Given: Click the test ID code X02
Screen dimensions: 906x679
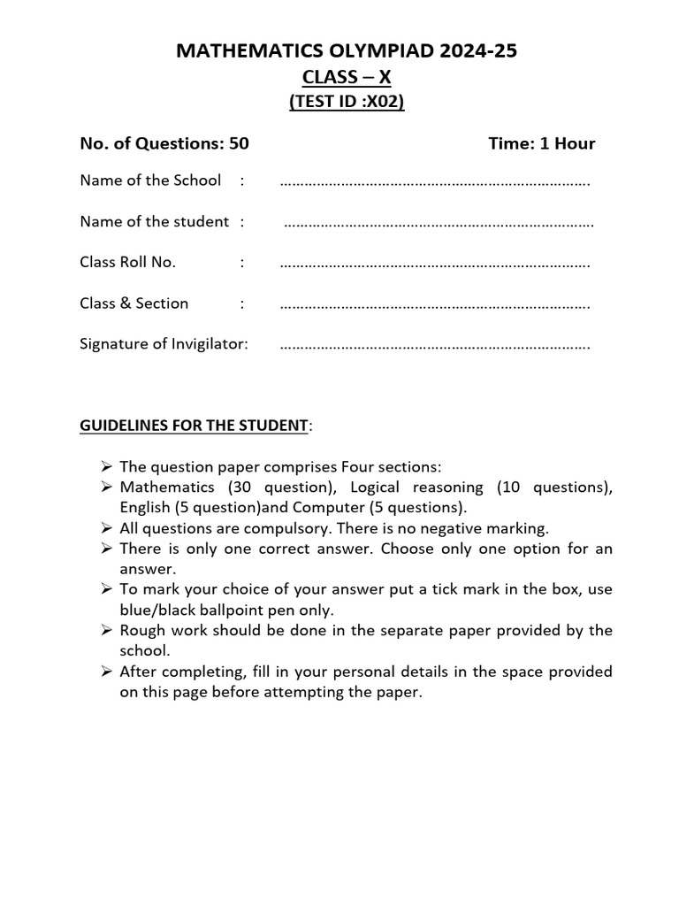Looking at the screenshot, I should point(385,103).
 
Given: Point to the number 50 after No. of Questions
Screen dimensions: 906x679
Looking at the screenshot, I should point(239,143).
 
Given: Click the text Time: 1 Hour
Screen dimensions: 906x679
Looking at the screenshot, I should point(541,143).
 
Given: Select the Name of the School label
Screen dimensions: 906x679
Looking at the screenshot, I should point(150,180).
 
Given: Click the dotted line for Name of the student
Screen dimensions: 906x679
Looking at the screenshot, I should point(439,223).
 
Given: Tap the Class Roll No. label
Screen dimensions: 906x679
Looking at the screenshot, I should point(128,262).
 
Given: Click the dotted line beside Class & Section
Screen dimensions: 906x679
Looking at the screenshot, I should point(435,304).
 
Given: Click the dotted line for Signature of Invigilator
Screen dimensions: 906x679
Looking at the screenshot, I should point(435,345).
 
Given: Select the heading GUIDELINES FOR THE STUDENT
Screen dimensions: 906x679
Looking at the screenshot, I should point(194,426).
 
